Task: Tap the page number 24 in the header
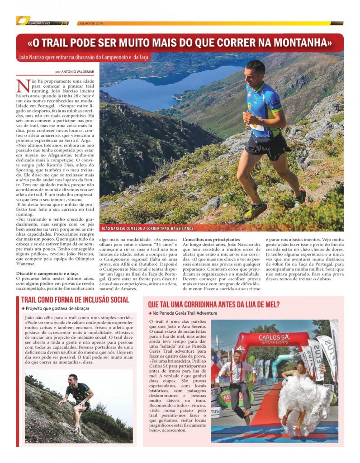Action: click(x=64, y=23)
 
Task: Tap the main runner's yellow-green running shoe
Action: click(x=255, y=210)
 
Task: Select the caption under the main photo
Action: click(x=148, y=228)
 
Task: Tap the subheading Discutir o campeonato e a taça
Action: click(x=47, y=274)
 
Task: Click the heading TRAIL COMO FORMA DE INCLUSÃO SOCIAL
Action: click(x=75, y=300)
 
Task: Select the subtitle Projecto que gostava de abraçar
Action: click(x=57, y=308)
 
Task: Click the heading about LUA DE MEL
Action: click(x=213, y=304)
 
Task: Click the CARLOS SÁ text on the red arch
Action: click(x=275, y=338)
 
